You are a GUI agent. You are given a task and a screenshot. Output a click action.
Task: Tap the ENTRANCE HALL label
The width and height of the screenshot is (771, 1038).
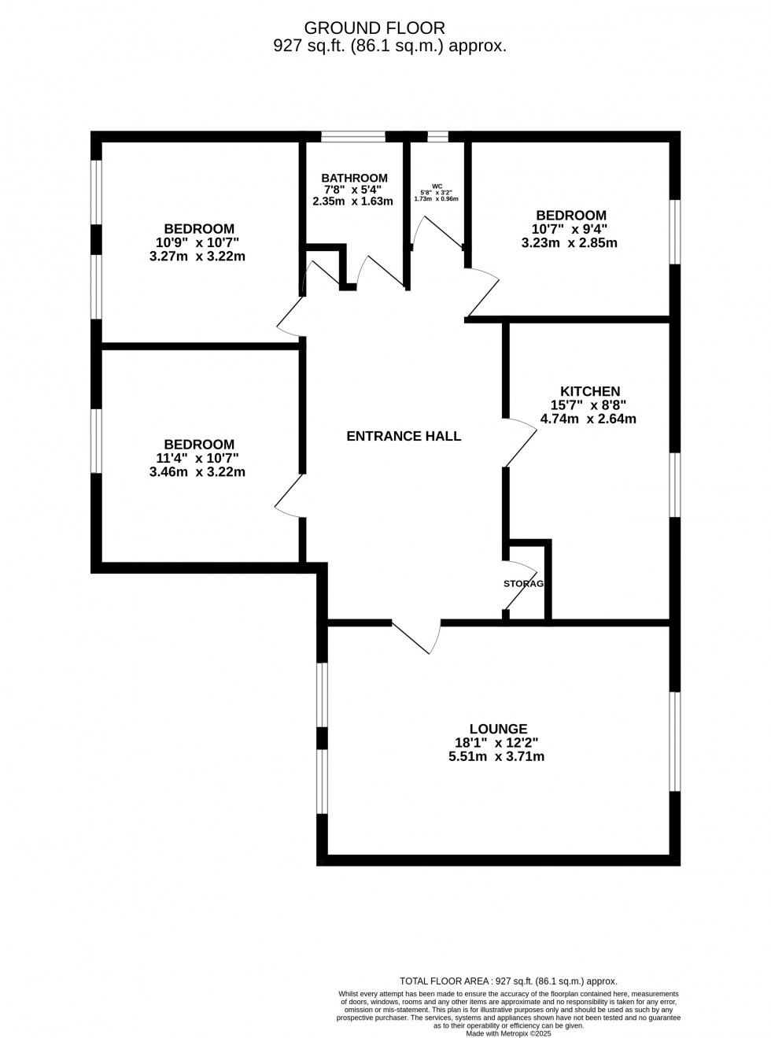click(x=404, y=436)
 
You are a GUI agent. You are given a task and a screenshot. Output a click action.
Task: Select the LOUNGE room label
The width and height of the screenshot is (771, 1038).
click(x=498, y=729)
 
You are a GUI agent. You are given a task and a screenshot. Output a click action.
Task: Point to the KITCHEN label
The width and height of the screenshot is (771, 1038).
click(x=589, y=391)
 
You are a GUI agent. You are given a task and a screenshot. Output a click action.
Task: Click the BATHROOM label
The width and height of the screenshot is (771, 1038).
click(x=354, y=178)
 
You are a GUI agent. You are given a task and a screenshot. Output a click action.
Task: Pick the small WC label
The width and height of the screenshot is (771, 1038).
click(x=437, y=187)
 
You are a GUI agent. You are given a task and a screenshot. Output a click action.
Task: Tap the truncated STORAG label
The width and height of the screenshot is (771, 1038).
click(x=523, y=583)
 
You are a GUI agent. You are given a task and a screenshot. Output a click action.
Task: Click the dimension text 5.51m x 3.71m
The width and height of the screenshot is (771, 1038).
click(x=496, y=757)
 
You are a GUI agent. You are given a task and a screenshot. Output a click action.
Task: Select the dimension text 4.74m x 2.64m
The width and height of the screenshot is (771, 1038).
click(x=588, y=419)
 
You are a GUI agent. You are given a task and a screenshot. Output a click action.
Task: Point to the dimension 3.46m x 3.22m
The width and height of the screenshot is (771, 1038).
click(x=197, y=472)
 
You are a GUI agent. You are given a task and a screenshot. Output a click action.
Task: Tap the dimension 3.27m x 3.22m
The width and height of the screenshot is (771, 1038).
click(x=197, y=256)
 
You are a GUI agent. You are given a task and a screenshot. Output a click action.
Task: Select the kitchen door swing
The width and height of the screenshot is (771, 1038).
click(x=519, y=442)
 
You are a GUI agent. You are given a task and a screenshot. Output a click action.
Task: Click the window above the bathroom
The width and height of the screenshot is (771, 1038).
click(x=353, y=136)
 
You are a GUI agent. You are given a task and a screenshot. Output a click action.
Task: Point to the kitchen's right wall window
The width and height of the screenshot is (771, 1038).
click(x=675, y=484)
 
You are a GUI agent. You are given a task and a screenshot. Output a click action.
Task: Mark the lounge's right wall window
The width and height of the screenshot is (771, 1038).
click(x=675, y=741)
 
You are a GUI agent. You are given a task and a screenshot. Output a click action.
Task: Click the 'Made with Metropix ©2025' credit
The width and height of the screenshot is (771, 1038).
click(x=508, y=1033)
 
